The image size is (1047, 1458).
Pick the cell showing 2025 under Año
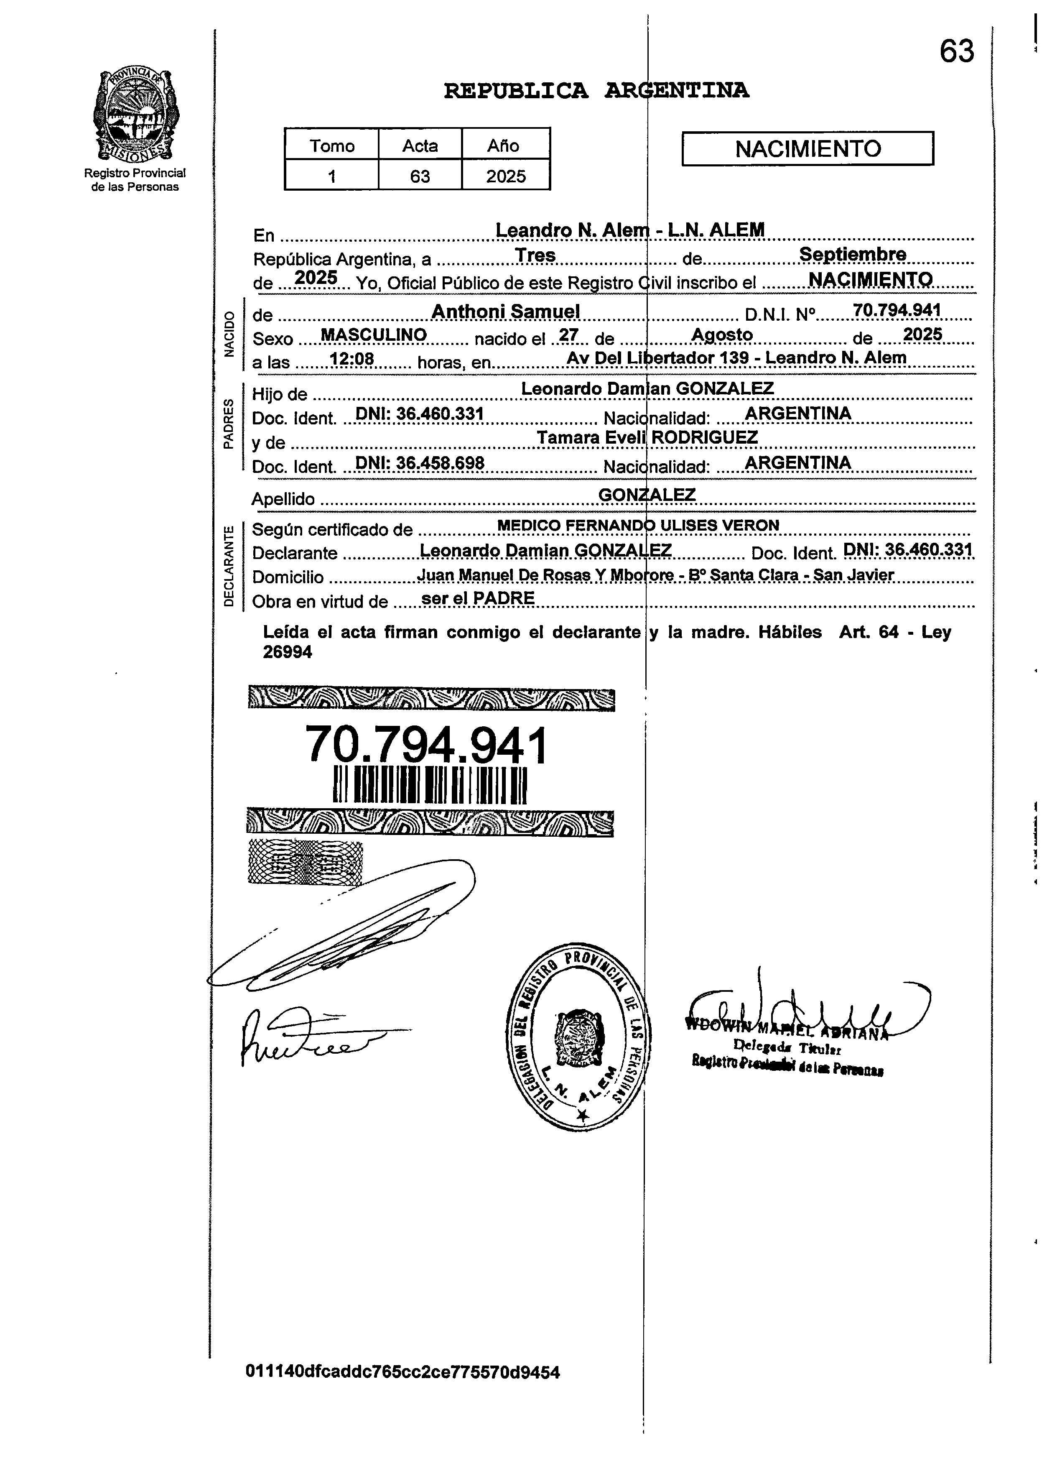[x=505, y=176]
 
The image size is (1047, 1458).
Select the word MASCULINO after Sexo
[x=373, y=335]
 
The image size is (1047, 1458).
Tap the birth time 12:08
[x=352, y=359]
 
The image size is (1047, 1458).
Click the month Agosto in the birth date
[x=722, y=335]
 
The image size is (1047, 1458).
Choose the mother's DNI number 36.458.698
[x=420, y=463]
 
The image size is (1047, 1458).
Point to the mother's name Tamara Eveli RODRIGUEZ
[x=647, y=438]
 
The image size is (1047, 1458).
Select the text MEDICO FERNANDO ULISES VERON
[x=638, y=525]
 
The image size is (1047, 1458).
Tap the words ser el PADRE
[x=478, y=598]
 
